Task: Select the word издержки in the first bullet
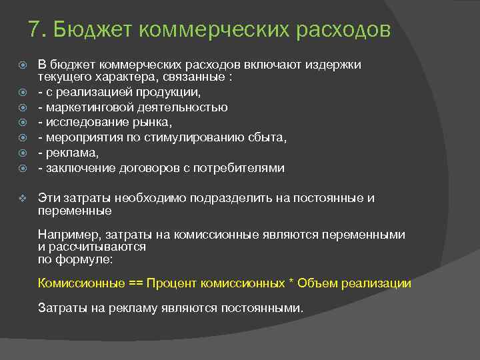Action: [x=334, y=65]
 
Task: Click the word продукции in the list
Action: [x=171, y=92]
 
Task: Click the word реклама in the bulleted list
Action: [x=67, y=153]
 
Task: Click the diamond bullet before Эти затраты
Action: [x=23, y=198]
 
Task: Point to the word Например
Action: [x=65, y=235]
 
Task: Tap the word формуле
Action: [x=93, y=259]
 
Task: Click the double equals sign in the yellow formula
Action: [x=135, y=283]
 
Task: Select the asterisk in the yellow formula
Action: [x=291, y=283]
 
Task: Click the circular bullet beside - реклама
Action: [x=23, y=153]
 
